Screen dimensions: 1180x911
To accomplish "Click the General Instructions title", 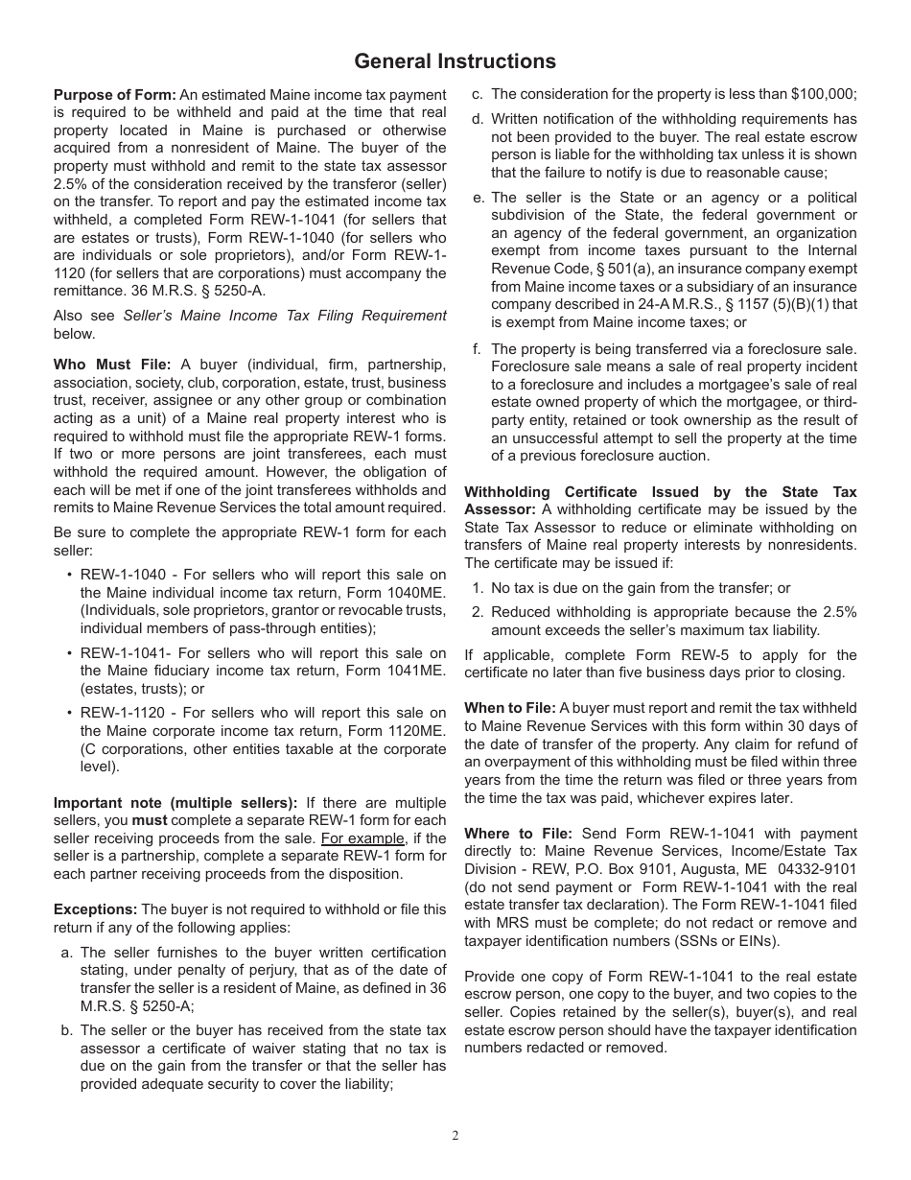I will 455,61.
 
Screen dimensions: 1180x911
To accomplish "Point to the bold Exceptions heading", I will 95,909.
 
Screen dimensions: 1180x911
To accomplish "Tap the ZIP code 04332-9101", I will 817,869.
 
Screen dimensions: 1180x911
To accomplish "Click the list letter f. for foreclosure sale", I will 477,349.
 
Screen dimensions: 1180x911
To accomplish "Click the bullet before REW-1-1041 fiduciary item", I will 70,653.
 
